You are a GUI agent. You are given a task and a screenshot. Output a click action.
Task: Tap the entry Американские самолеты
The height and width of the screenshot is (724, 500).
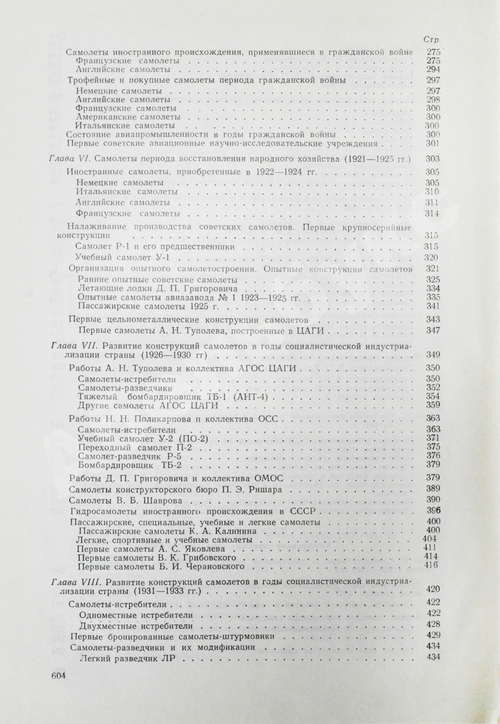pyautogui.click(x=128, y=117)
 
